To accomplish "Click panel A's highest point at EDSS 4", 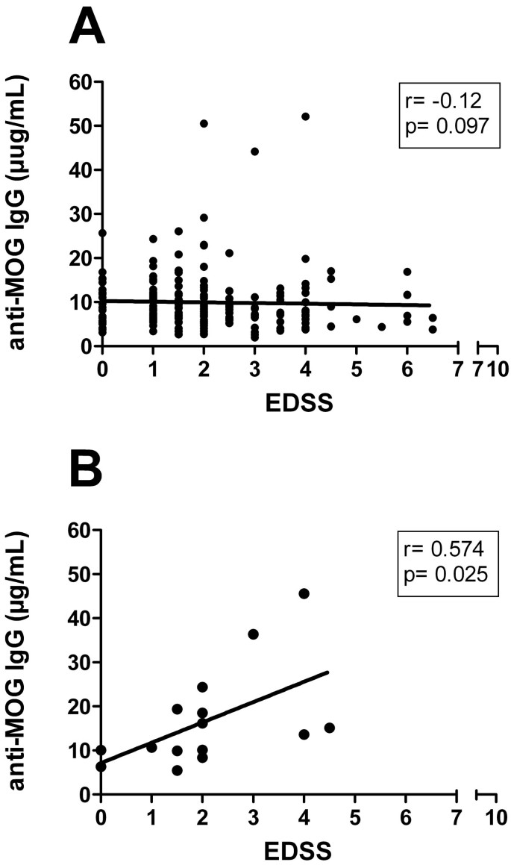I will tap(305, 116).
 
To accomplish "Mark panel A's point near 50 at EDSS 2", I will tap(204, 123).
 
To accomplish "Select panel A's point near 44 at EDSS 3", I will tap(254, 151).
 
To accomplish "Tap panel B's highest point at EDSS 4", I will tap(304, 593).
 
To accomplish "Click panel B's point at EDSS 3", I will tap(253, 634).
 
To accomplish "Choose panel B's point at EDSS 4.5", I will tap(330, 728).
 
